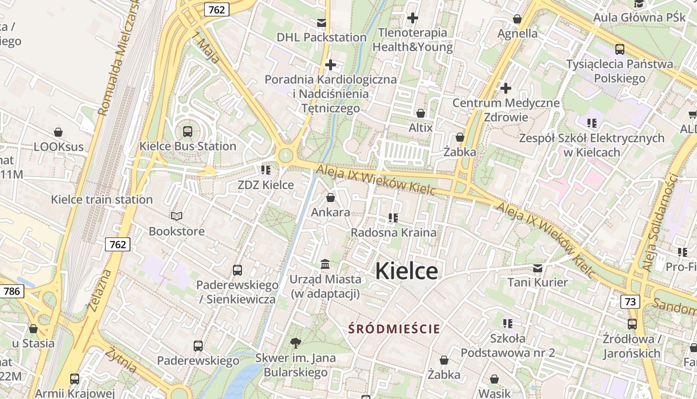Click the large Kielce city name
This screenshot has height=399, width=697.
tap(406, 271)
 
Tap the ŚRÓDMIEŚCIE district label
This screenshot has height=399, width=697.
tap(394, 329)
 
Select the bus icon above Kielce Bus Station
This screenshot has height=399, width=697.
tap(188, 132)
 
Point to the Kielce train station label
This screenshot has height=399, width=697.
tap(102, 199)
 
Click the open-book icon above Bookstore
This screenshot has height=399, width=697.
tap(177, 216)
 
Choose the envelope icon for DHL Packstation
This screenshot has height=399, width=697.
tap(322, 23)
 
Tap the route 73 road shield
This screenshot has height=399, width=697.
tap(630, 301)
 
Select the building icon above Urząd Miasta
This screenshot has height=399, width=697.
tap(325, 264)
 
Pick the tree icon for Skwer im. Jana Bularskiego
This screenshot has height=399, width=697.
tap(295, 343)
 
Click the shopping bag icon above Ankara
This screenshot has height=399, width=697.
tap(330, 198)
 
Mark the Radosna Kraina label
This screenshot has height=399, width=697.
tap(393, 232)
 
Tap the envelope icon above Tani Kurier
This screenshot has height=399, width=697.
tap(538, 268)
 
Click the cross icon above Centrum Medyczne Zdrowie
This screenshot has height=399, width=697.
tap(506, 89)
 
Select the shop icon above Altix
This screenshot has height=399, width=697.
tap(421, 113)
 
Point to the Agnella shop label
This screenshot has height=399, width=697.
tap(518, 33)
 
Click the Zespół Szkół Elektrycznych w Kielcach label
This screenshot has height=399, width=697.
tap(591, 145)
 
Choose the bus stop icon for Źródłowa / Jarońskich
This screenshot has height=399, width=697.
tap(632, 324)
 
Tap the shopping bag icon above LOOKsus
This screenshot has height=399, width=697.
tap(58, 132)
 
